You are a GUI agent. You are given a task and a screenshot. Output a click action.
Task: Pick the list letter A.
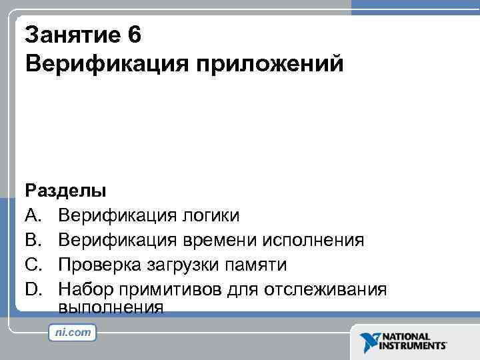tap(34, 215)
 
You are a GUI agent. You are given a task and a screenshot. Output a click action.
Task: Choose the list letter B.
tap(34, 240)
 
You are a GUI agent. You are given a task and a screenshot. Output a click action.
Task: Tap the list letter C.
tap(34, 265)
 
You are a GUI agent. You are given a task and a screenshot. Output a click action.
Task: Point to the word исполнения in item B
tap(313, 240)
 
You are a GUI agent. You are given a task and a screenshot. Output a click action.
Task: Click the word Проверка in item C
tap(97, 265)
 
